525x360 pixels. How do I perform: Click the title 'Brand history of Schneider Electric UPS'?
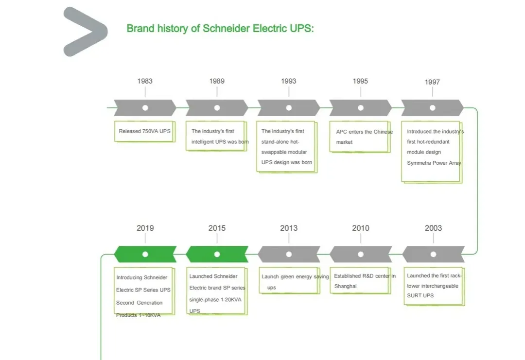coord(220,28)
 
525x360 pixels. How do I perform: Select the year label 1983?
coord(145,81)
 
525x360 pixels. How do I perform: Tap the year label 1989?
coord(217,81)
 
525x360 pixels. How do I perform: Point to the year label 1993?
coord(288,81)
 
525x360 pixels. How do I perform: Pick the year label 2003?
coord(433,228)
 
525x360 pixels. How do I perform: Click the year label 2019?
coord(145,228)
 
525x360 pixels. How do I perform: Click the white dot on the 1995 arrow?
coord(361,108)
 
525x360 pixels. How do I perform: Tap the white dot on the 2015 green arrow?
coord(217,254)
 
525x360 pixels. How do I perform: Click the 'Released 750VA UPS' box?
coord(144,131)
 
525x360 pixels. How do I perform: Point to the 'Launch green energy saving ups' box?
coord(289,281)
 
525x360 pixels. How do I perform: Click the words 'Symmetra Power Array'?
coord(434,163)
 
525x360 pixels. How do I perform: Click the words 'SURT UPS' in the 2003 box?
coord(420,295)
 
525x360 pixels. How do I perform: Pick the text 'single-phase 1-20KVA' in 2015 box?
coord(215,299)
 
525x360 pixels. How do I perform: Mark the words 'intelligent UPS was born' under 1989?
coord(220,142)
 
